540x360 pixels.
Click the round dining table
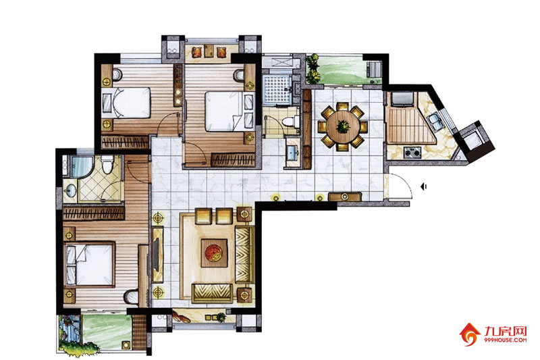(343, 127)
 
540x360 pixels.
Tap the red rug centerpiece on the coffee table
(214, 253)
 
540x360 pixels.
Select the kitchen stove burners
(412, 152)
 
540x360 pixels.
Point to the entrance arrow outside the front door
(424, 186)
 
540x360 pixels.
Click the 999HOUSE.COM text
(506, 340)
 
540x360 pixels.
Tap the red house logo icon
(470, 334)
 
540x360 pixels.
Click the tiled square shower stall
(277, 91)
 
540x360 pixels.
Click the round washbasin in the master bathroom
(71, 190)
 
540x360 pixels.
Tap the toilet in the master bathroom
(108, 164)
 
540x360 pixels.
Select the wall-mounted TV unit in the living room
(157, 255)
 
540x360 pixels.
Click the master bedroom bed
(90, 264)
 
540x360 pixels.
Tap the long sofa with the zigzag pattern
(245, 255)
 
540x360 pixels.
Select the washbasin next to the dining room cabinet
(293, 151)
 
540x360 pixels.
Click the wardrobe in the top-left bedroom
(126, 142)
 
